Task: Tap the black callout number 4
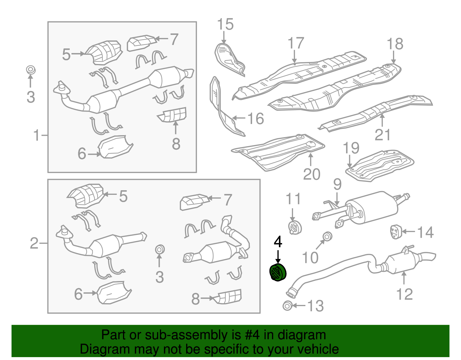278,242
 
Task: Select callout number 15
225,24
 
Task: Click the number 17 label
296,43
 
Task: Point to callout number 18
394,44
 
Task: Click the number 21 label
382,135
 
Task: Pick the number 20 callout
311,174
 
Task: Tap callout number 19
351,148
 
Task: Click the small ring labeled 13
287,306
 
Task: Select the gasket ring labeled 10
327,236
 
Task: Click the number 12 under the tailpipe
404,294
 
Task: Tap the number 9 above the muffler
337,184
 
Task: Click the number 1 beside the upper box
36,135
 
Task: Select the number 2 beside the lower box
34,243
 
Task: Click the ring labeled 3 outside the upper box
30,70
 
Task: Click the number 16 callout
255,118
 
